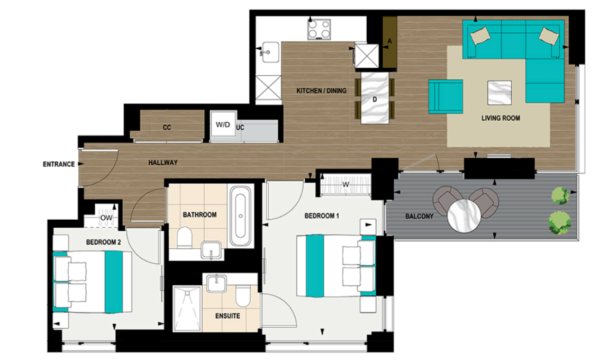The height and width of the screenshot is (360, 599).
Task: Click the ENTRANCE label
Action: pyautogui.click(x=58, y=164)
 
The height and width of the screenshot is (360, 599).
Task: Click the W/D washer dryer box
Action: pyautogui.click(x=222, y=126)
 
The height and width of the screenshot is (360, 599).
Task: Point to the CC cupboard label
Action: pyautogui.click(x=167, y=128)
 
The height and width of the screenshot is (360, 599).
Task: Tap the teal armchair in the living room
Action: pyautogui.click(x=446, y=96)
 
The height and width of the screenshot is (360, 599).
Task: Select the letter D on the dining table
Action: pyautogui.click(x=375, y=99)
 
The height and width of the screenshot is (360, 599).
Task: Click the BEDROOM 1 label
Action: pyautogui.click(x=322, y=216)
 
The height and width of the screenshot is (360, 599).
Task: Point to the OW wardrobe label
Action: pyautogui.click(x=106, y=218)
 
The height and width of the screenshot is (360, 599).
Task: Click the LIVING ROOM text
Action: pyautogui.click(x=500, y=118)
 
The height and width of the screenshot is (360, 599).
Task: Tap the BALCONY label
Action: pyautogui.click(x=419, y=216)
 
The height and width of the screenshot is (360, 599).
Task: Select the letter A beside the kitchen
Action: pyautogui.click(x=389, y=41)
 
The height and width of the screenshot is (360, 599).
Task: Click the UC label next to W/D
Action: pyautogui.click(x=240, y=128)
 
